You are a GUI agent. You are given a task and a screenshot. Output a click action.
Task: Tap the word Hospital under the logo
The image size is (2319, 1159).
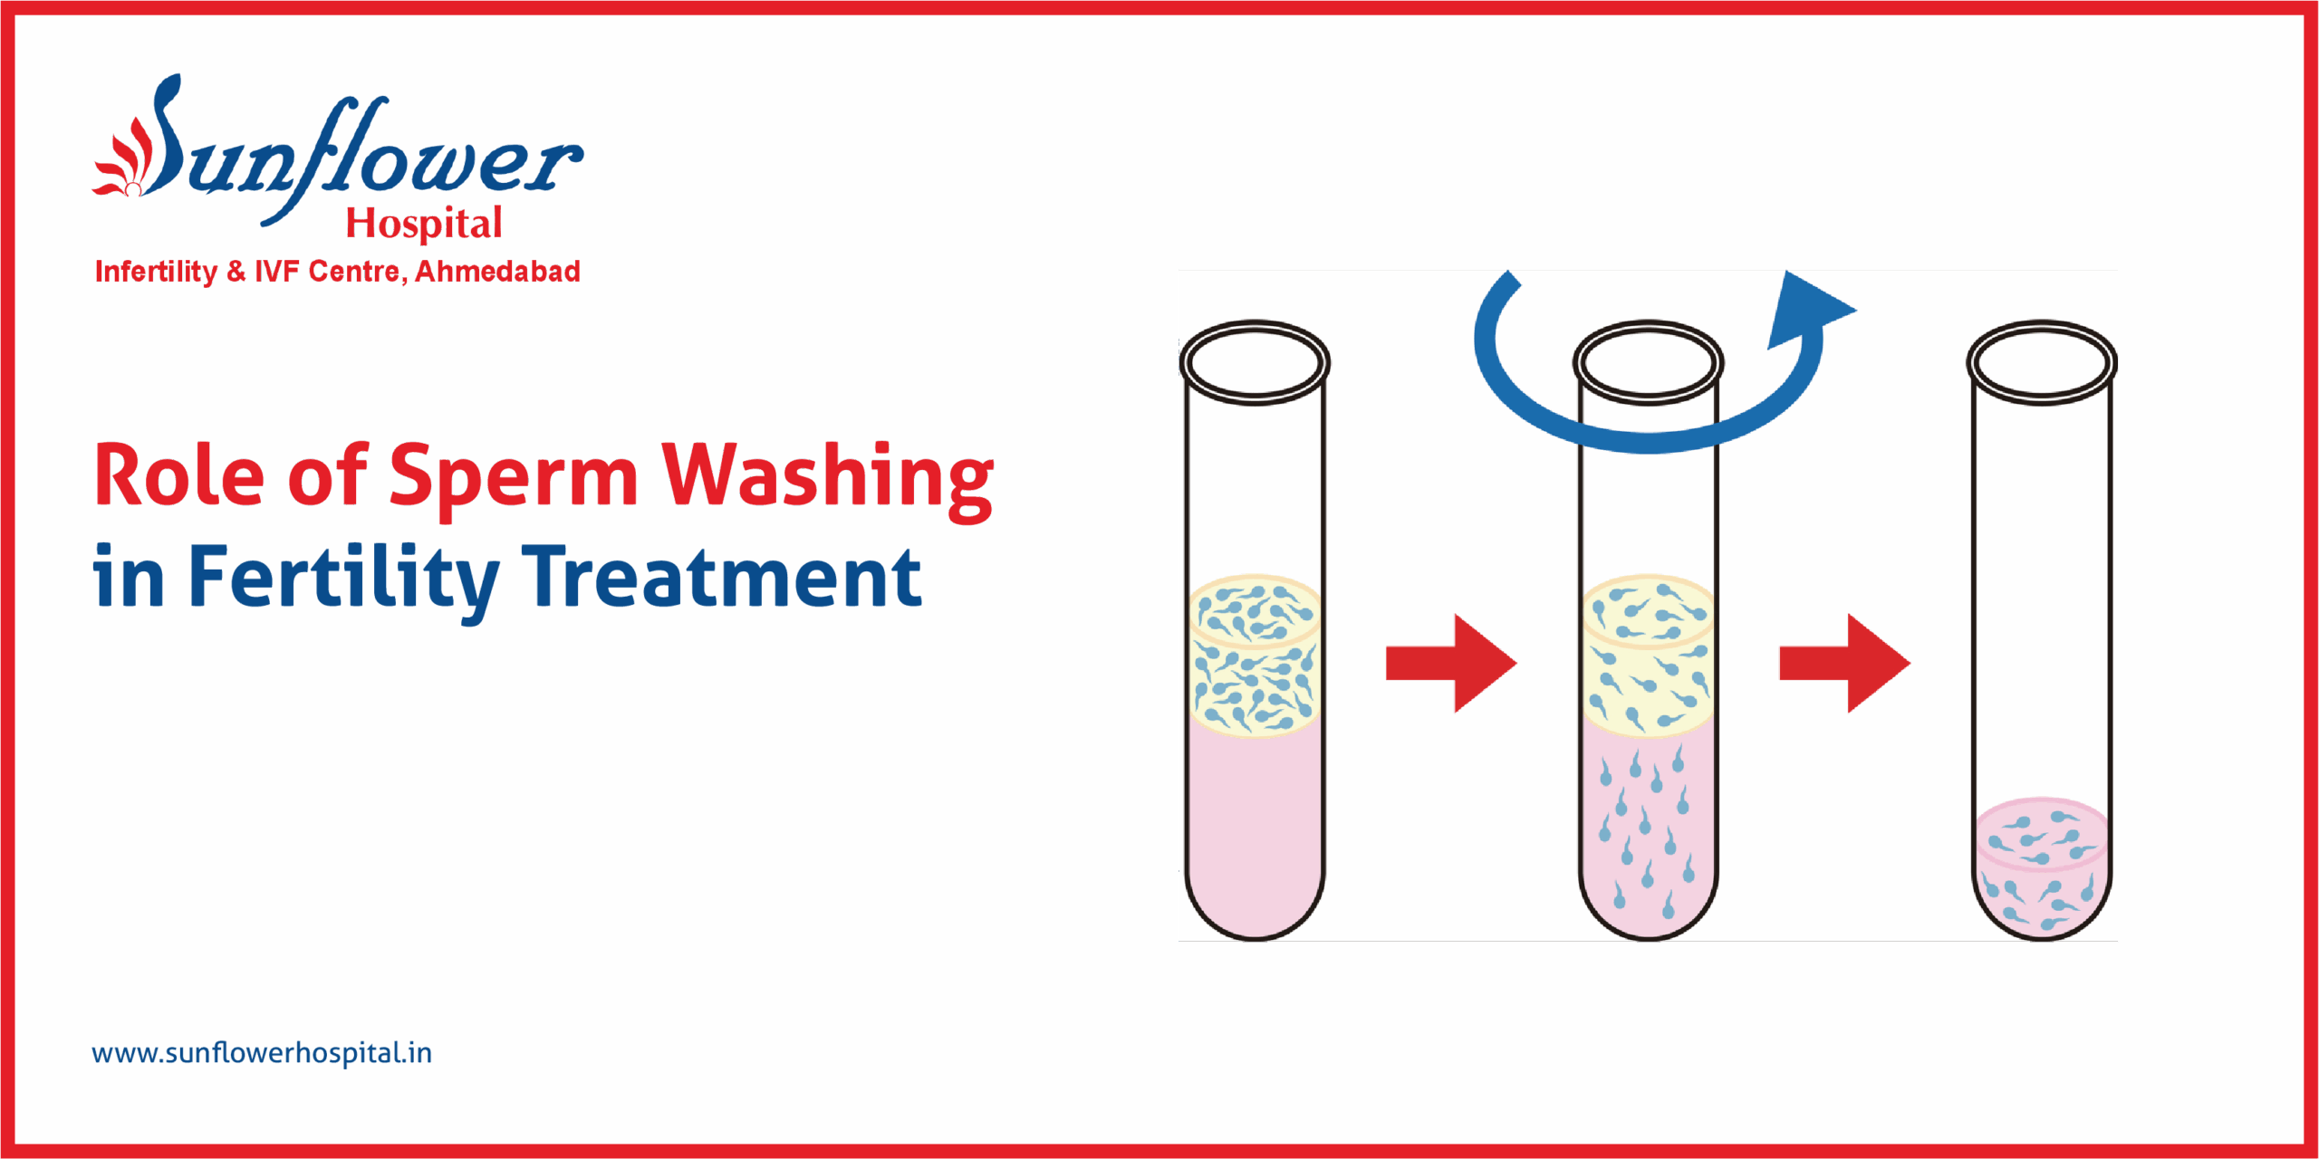click(424, 223)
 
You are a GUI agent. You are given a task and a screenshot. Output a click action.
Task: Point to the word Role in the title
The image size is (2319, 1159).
click(179, 474)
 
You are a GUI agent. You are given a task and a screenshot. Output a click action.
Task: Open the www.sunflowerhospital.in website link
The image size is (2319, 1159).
click(262, 1053)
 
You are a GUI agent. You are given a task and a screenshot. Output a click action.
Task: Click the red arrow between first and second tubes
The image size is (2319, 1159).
click(1450, 663)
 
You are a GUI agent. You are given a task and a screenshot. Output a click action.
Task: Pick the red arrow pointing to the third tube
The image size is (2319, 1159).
click(1844, 663)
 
